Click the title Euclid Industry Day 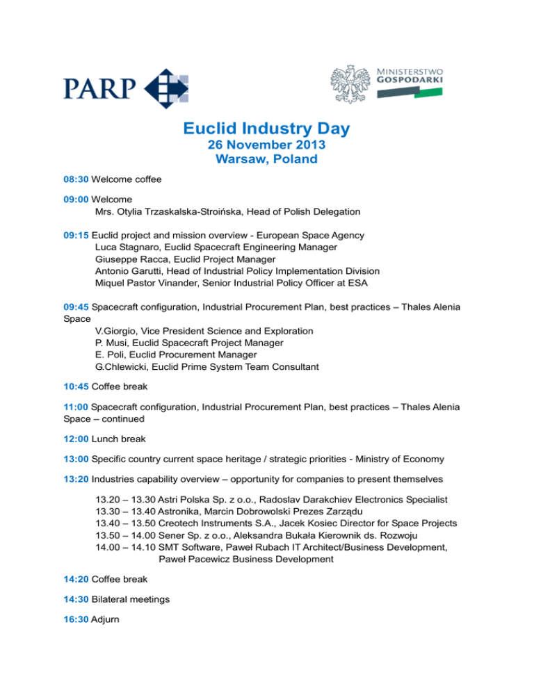(266, 129)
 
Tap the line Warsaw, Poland (266, 160)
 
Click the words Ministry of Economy (410, 460)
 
